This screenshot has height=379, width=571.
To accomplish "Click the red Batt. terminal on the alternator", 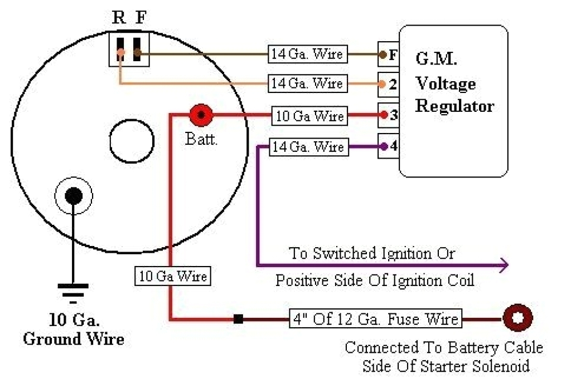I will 201,116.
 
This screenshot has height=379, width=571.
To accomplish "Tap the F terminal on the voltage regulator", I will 388,55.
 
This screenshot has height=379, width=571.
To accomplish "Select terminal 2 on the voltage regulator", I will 388,85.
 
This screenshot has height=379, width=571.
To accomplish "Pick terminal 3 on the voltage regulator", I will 388,115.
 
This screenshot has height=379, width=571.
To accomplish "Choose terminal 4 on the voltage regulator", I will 388,146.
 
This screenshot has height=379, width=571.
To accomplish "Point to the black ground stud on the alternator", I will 73,196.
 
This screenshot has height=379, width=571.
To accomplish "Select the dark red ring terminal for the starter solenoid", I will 517,319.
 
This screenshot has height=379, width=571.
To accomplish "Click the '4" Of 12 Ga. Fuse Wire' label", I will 375,319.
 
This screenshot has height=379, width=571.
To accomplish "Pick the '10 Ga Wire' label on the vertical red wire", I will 173,276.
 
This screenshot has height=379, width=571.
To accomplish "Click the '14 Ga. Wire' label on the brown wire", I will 307,54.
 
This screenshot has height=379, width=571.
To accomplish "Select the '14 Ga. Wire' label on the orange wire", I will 307,83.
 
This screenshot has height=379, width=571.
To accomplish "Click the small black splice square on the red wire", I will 238,319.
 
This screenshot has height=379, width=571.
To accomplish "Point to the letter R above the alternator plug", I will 119,18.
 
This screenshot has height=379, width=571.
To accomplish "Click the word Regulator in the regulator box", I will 454,106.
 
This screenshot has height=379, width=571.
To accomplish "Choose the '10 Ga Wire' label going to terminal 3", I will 310,116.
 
